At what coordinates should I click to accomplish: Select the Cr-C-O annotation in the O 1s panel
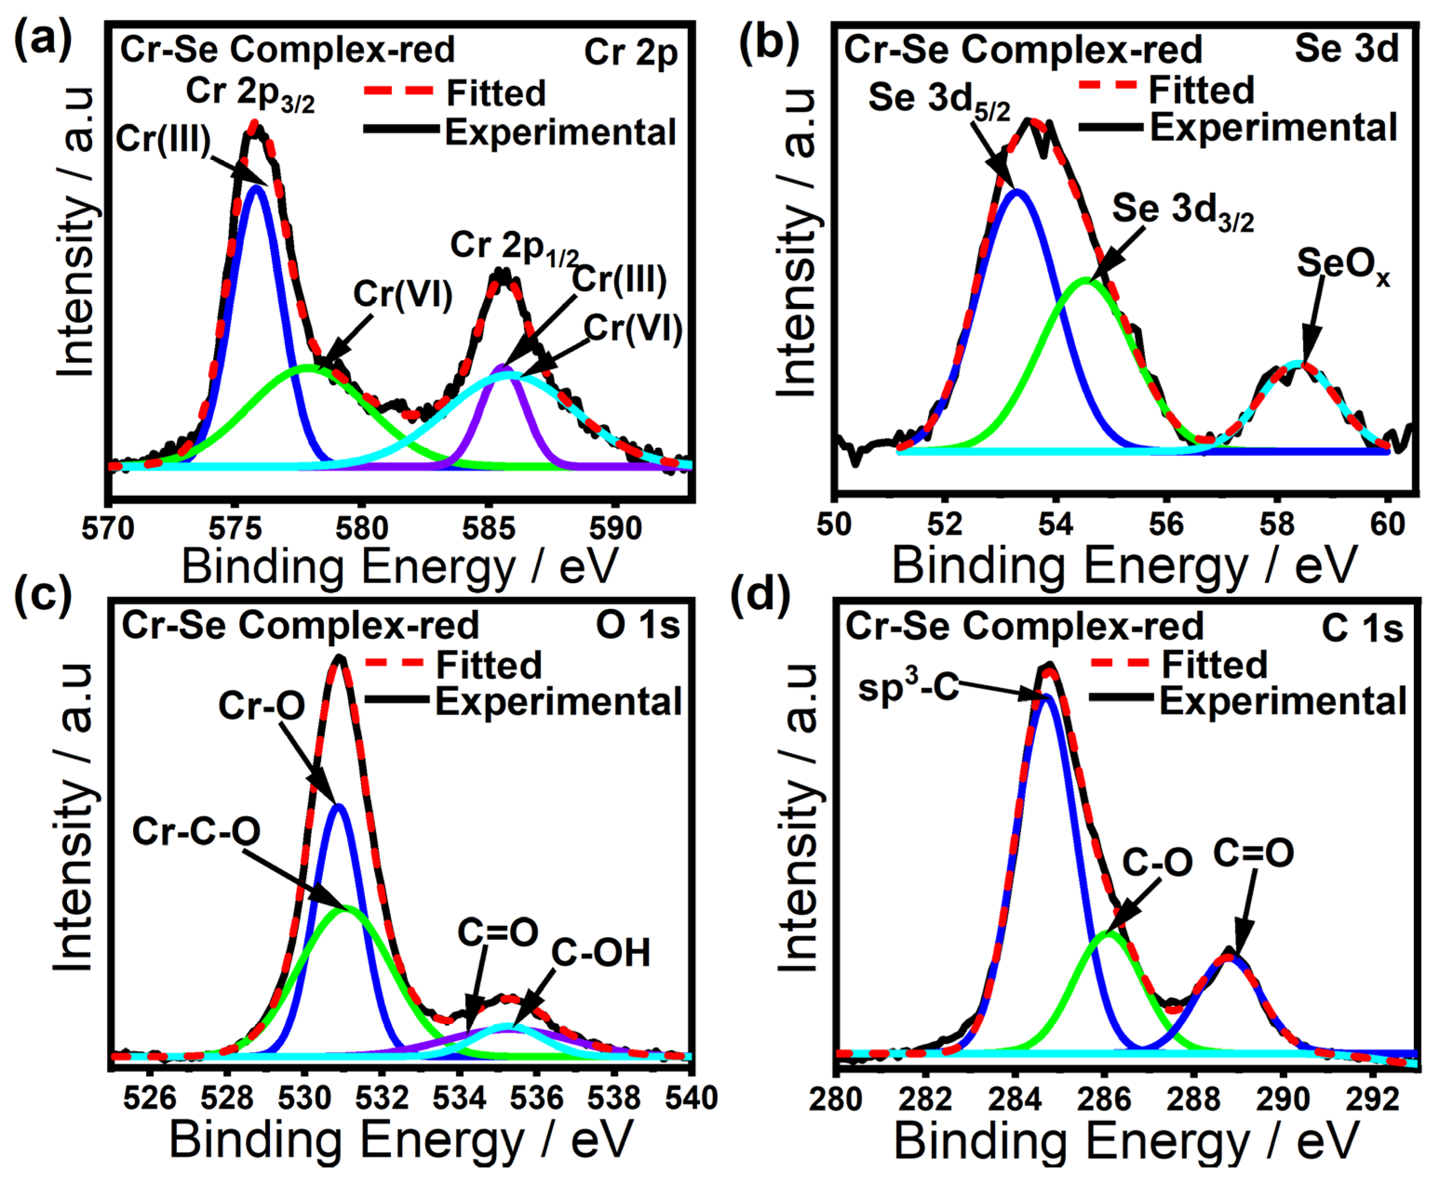(x=196, y=831)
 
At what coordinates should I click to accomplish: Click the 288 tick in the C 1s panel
(x=1193, y=1099)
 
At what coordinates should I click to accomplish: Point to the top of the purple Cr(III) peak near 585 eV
(x=503, y=368)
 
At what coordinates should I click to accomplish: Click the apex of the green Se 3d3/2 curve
(x=1086, y=279)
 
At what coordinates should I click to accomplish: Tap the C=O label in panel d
(x=1253, y=852)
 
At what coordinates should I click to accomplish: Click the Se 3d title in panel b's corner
(x=1346, y=48)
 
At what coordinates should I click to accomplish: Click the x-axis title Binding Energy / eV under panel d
(x=1126, y=1142)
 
